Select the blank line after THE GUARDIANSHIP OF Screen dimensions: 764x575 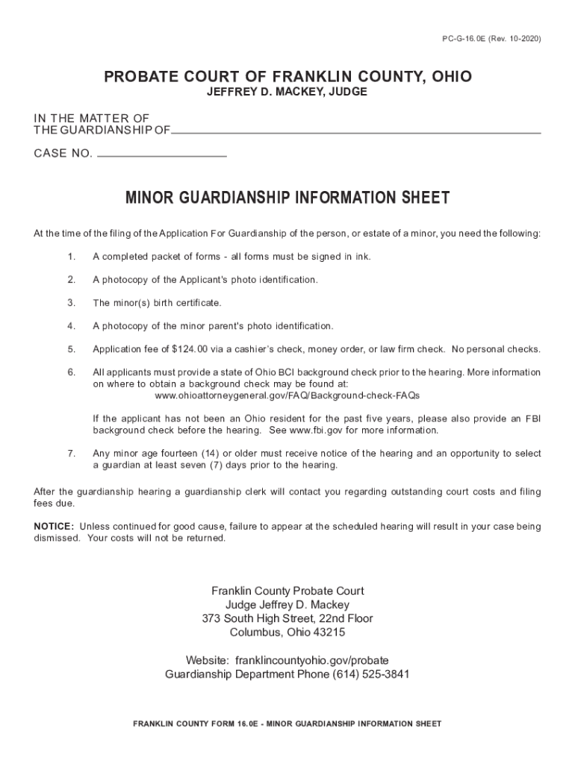pyautogui.click(x=355, y=132)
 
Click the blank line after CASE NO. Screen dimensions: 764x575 pyautogui.click(x=162, y=155)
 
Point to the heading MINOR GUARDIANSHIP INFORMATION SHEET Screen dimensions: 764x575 pyautogui.click(x=287, y=198)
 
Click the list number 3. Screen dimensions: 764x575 pyautogui.click(x=71, y=303)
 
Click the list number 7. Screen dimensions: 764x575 pyautogui.click(x=71, y=454)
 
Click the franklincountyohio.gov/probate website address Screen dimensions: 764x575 pyautogui.click(x=311, y=660)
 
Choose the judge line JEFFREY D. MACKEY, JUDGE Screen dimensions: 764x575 pyautogui.click(x=287, y=93)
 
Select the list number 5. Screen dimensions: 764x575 pyautogui.click(x=71, y=349)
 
